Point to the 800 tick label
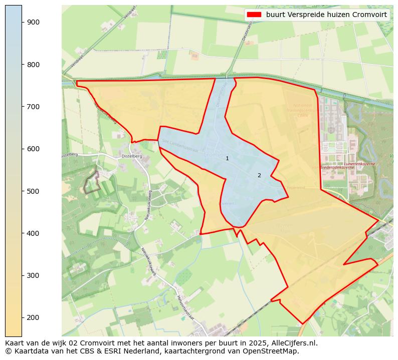(33, 65)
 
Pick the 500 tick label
(33, 191)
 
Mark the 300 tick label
(33, 275)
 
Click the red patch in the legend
(255, 15)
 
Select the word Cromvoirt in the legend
(370, 15)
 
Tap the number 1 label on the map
(227, 158)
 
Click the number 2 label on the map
(259, 175)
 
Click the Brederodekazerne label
(337, 167)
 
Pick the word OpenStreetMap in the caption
(273, 351)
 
